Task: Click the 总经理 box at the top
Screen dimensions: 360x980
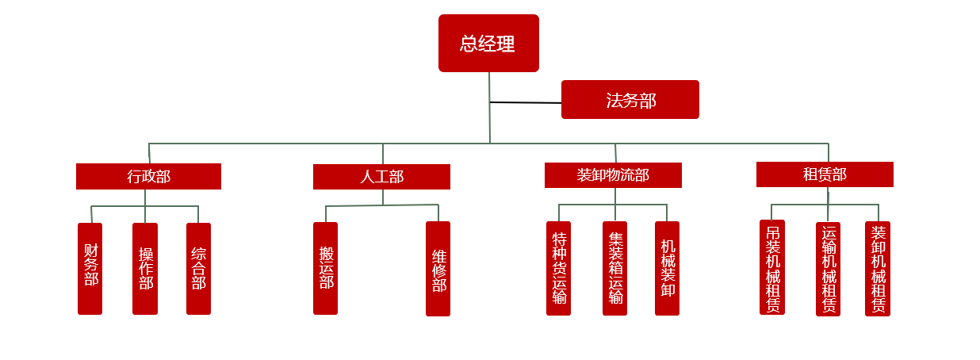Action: click(488, 43)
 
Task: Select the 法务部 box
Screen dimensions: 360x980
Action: click(630, 100)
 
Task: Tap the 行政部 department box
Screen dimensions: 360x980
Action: click(148, 176)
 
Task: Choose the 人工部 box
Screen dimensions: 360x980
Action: click(381, 177)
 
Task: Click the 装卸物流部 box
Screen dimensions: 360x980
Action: click(613, 175)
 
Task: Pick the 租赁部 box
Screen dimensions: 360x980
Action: click(825, 174)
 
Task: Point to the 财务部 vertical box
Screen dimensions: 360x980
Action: click(90, 268)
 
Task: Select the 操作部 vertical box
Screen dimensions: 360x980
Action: click(145, 268)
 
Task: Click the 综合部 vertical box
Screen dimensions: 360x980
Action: click(198, 268)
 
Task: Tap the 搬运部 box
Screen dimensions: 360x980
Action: click(325, 268)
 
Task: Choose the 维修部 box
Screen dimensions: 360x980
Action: click(438, 269)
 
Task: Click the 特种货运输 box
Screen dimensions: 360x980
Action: click(558, 268)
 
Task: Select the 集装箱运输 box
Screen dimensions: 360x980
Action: click(614, 268)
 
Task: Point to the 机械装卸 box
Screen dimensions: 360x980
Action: click(667, 268)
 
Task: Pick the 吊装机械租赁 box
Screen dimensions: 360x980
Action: click(772, 267)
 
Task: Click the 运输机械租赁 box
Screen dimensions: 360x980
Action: click(828, 269)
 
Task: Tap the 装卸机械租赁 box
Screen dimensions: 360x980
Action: click(878, 269)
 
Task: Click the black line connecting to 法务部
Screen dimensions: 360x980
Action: click(525, 102)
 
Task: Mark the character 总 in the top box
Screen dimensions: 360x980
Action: click(469, 44)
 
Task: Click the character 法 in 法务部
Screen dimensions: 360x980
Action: click(614, 101)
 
